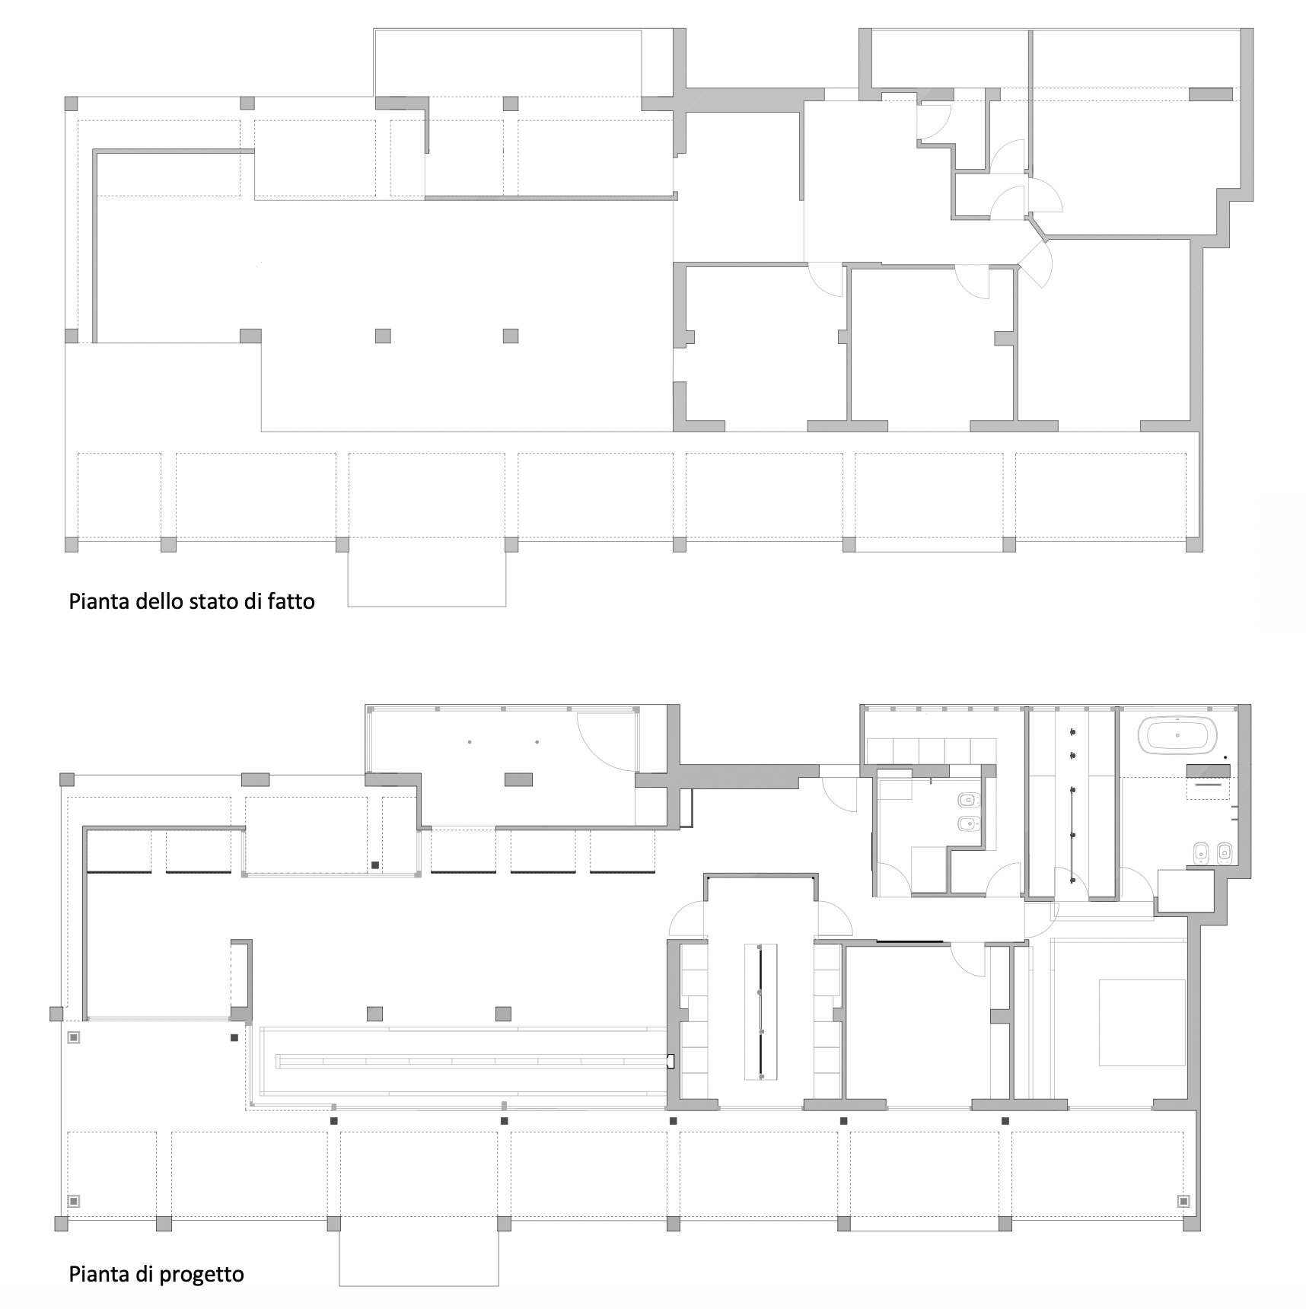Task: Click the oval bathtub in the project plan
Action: click(1177, 736)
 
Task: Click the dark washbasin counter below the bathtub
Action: click(1209, 770)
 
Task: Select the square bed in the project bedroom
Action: click(1142, 1022)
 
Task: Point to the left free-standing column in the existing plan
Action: click(383, 336)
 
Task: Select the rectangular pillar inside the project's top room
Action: click(519, 779)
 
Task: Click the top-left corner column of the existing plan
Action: click(71, 104)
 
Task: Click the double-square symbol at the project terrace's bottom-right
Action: click(1183, 1201)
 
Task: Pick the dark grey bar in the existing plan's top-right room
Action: click(1210, 94)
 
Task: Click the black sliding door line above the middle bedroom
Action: click(909, 942)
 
